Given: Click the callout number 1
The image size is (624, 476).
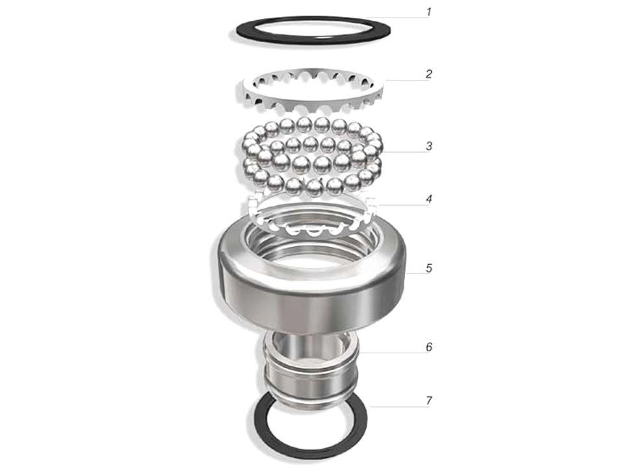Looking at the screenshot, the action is coord(428,12).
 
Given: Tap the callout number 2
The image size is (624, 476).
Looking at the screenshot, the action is coord(428,74).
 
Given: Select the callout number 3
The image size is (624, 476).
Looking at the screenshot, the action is coord(428,146).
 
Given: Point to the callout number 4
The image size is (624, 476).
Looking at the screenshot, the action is coord(428,199).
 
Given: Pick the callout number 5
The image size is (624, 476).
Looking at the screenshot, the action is coord(428,268).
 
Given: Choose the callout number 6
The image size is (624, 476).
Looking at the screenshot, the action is coord(428,347).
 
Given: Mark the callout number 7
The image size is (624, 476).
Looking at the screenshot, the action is coord(428,401).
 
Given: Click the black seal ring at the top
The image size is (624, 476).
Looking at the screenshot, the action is coord(313,40).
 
